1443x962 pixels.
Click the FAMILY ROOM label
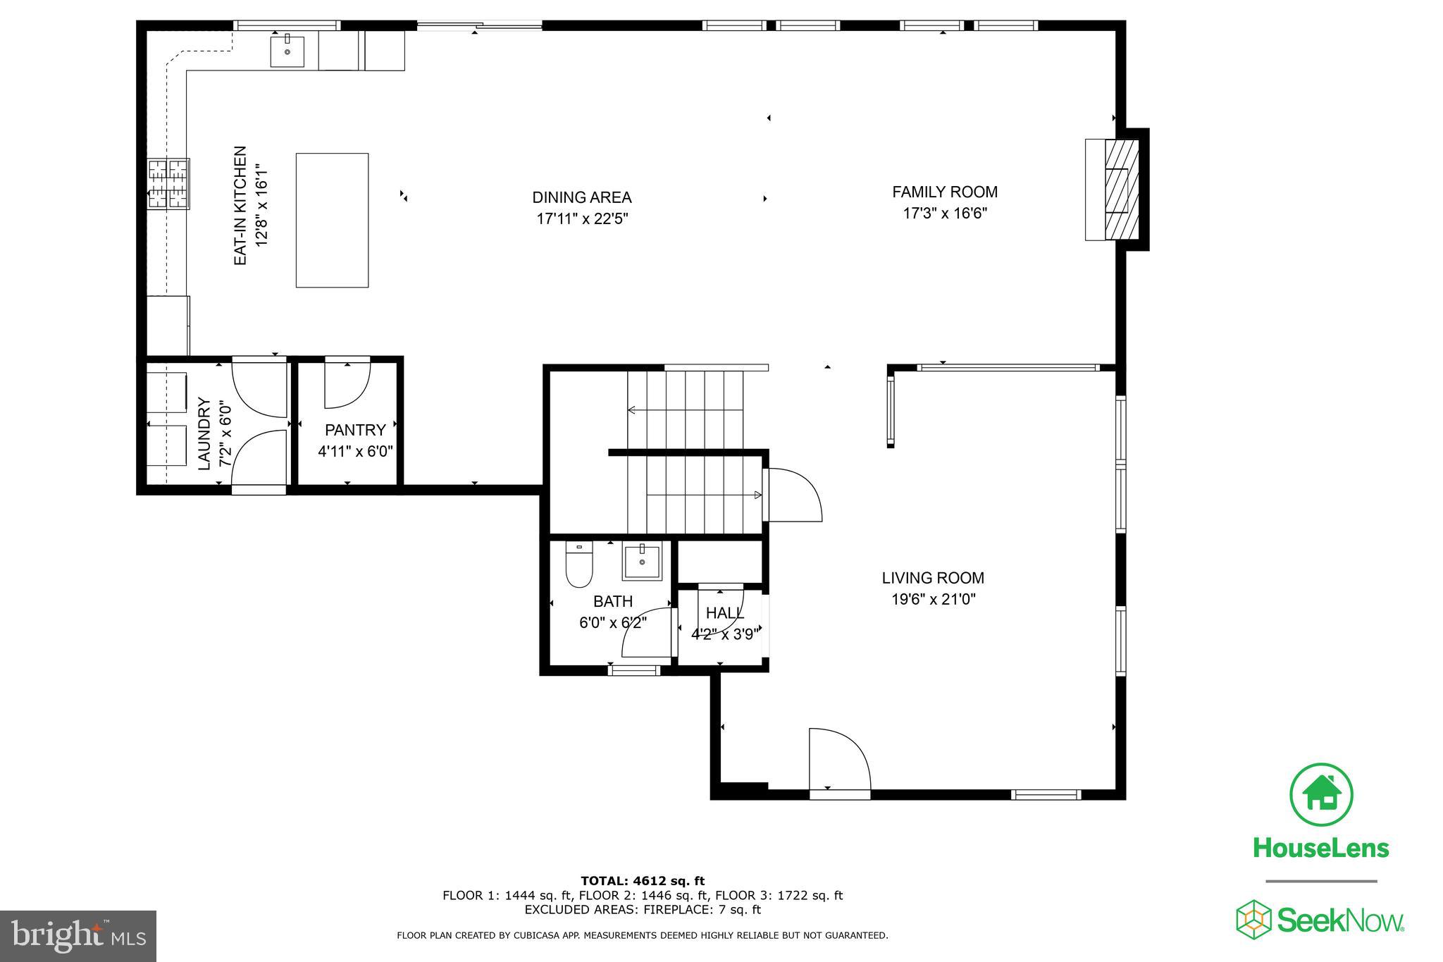[x=945, y=192]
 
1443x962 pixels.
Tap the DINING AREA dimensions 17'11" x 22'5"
[x=582, y=219]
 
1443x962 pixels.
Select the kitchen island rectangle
[x=332, y=220]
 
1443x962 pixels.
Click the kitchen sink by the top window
[x=287, y=51]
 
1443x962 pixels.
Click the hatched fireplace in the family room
[x=1121, y=190]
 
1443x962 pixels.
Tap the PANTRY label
[x=355, y=430]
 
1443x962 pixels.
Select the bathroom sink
[x=642, y=562]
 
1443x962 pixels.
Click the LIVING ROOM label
[x=933, y=578]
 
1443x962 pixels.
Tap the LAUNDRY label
[x=204, y=433]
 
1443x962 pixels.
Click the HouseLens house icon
[x=1321, y=795]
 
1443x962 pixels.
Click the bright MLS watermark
[x=78, y=936]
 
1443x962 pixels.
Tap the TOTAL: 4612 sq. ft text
[x=642, y=880]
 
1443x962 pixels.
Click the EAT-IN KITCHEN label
[x=240, y=206]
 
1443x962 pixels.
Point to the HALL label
[x=724, y=612]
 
